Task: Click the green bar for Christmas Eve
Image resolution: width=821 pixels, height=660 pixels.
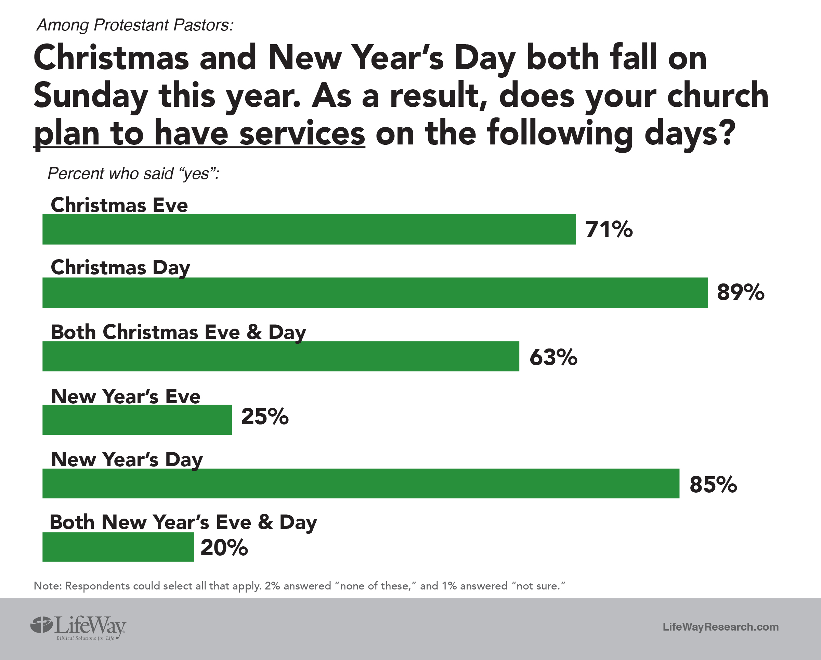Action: point(309,229)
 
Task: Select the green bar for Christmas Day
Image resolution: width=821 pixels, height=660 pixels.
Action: point(375,293)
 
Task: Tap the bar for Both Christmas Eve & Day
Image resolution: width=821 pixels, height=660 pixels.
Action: point(281,356)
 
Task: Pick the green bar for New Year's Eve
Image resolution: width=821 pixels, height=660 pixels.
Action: point(137,420)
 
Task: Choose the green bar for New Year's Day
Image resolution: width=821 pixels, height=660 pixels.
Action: point(361,483)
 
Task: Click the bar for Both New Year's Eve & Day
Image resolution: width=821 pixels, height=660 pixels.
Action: point(118,547)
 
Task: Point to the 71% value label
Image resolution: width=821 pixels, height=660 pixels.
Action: point(609,229)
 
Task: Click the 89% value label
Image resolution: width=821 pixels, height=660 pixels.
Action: point(740,293)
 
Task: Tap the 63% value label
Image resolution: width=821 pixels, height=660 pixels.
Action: point(553,357)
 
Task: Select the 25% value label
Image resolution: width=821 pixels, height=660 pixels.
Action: point(265,416)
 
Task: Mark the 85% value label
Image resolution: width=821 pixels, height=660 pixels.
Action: point(713,485)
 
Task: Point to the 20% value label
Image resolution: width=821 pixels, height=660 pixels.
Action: point(224,548)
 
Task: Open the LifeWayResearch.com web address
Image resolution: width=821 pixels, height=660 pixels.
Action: point(720,627)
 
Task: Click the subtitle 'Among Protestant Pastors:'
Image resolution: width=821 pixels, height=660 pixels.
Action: point(135,25)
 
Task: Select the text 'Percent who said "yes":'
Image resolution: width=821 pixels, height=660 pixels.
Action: point(134,174)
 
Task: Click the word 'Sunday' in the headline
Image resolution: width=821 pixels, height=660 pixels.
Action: point(91,96)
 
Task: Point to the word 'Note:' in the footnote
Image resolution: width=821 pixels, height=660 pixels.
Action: point(48,586)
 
